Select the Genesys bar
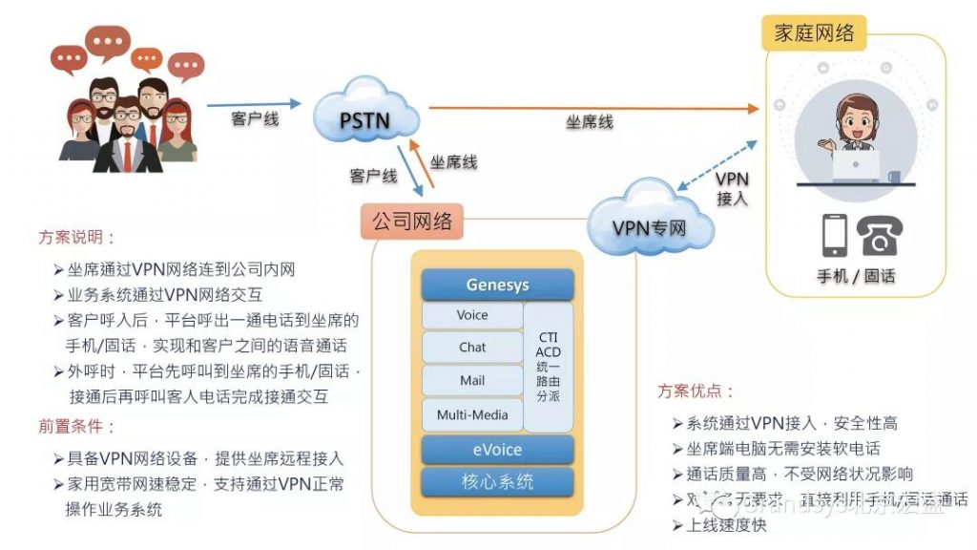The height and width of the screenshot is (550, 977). [497, 285]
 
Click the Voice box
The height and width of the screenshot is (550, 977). [472, 315]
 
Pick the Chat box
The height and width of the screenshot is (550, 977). [472, 348]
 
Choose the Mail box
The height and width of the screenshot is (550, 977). [472, 381]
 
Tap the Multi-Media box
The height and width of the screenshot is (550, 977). [472, 414]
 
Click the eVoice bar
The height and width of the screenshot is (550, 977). [497, 450]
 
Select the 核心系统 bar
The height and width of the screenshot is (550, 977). [497, 481]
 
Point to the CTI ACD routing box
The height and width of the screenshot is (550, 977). [549, 365]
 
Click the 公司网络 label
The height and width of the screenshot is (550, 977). [411, 222]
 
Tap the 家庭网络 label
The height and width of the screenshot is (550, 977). [814, 33]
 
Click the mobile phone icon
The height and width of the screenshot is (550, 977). [834, 235]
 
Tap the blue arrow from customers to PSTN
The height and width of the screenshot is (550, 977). [254, 103]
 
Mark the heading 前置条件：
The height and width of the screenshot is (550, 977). [77, 426]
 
